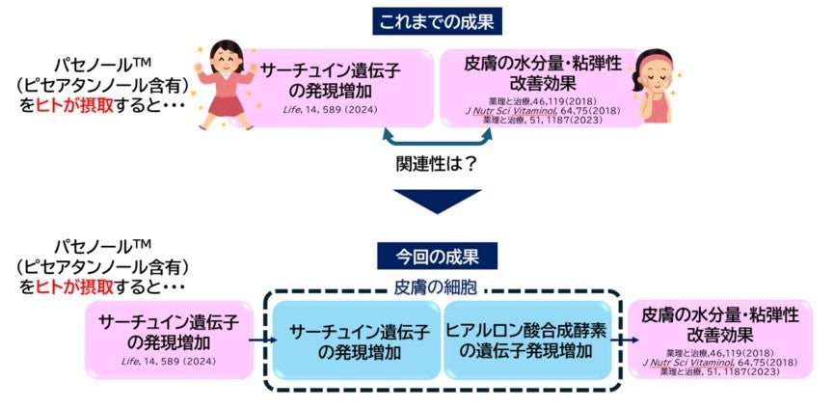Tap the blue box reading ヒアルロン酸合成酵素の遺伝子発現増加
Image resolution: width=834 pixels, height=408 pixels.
click(x=526, y=340)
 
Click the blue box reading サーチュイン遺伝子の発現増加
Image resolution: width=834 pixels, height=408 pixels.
click(x=354, y=340)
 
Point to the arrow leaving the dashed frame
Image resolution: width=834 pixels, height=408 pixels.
click(x=625, y=340)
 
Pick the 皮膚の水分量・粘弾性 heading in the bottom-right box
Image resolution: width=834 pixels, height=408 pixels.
click(x=721, y=316)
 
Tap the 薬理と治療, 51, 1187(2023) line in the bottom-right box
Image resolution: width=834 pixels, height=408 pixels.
click(x=721, y=371)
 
